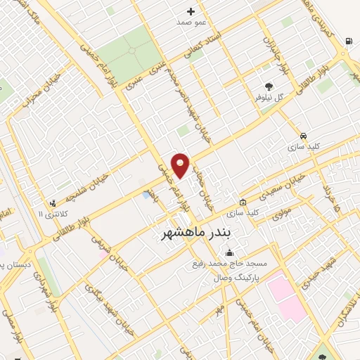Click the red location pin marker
(x=181, y=165)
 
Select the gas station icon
(x=349, y=41)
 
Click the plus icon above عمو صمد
(x=191, y=11)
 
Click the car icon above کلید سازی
(x=303, y=136)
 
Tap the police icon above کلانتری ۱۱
(x=53, y=203)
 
